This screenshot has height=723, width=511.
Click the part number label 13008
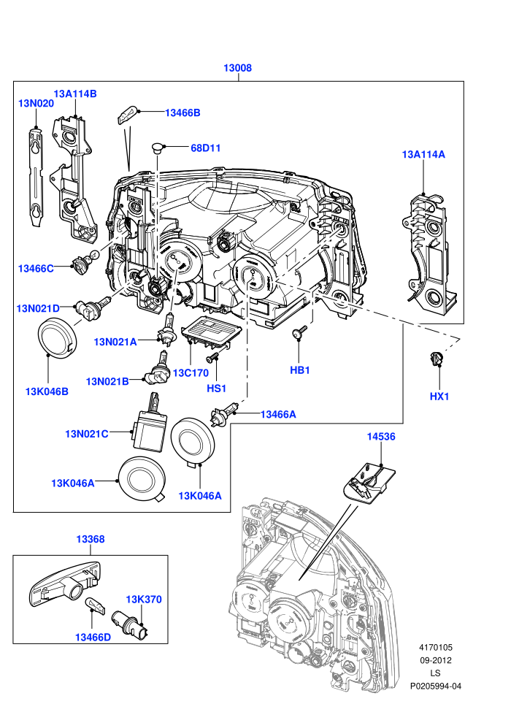[x=237, y=68]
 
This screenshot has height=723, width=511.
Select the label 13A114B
[x=75, y=93]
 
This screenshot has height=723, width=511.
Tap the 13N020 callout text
[x=36, y=103]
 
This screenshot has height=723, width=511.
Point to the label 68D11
[x=206, y=148]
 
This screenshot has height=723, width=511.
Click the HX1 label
[x=439, y=396]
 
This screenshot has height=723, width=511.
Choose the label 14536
[x=381, y=436]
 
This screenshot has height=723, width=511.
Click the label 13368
[x=91, y=539]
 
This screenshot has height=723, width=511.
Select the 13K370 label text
[x=144, y=600]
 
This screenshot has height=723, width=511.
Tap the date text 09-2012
[x=435, y=660]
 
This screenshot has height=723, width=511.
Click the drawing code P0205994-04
[x=435, y=686]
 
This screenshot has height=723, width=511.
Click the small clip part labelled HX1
[x=435, y=359]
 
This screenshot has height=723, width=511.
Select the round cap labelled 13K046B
[x=55, y=337]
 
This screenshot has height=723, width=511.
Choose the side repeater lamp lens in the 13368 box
[x=65, y=585]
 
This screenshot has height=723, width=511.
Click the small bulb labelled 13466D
[x=92, y=603]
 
